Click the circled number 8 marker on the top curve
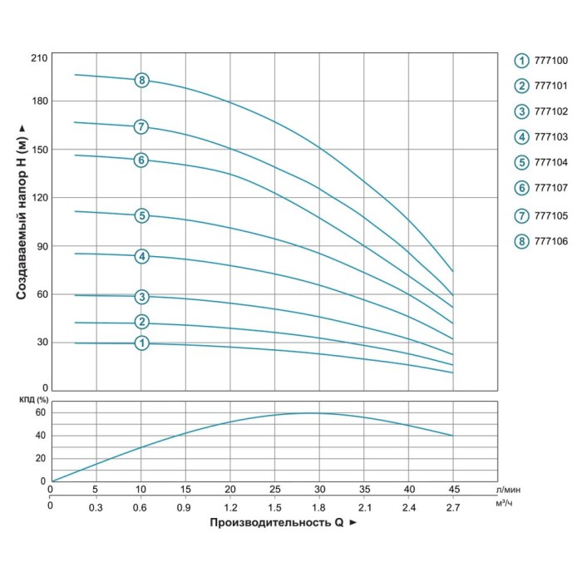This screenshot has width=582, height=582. tap(142, 80)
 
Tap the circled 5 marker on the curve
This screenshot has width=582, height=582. tap(142, 216)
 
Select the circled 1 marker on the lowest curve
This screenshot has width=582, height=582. tap(142, 343)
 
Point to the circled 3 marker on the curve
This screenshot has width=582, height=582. tap(142, 297)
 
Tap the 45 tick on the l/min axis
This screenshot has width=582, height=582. tap(452, 488)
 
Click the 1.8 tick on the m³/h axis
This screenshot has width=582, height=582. tap(318, 506)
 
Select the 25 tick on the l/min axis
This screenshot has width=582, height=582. tap(275, 488)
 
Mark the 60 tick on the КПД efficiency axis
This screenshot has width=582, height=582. tap(39, 412)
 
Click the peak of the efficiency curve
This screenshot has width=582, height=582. tap(309, 412)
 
